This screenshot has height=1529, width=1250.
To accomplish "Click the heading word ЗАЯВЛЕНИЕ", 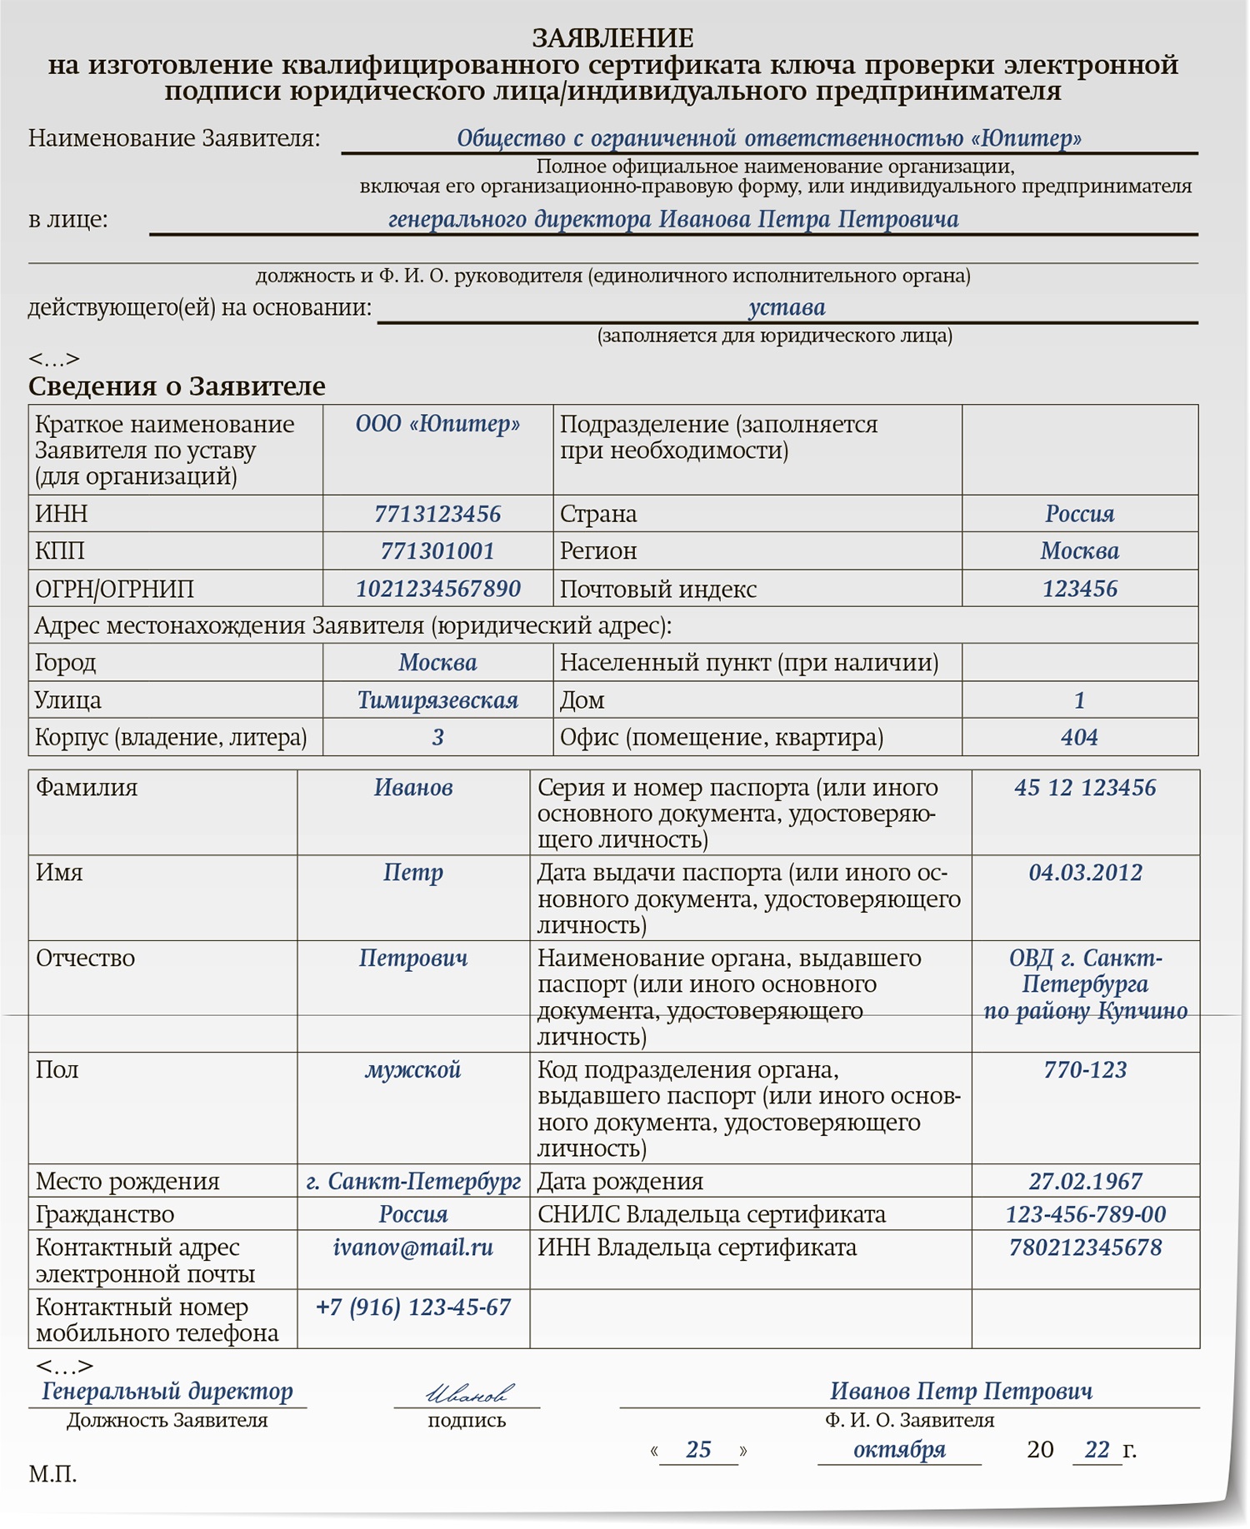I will pos(612,38).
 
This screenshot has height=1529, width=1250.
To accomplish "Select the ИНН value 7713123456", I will pos(437,514).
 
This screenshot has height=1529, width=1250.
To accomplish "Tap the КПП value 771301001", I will pos(437,551).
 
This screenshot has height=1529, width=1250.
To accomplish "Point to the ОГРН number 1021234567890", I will pos(437,589).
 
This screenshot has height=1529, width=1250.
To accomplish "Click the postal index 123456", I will pos(1079,589).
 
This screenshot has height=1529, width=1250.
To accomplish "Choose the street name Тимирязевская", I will pos(437,700).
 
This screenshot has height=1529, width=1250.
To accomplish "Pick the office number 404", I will pos(1079,737).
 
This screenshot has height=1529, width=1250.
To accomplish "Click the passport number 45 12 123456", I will pos(1085,788).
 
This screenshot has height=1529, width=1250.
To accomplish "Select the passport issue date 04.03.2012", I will pos(1085,873).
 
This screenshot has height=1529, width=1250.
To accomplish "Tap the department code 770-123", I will pos(1085,1070).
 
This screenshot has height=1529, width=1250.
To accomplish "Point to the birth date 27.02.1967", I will pos(1085,1182).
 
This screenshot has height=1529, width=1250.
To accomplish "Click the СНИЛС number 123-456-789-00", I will pos(1085,1215).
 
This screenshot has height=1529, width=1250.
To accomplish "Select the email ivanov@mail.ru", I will pos(413,1248).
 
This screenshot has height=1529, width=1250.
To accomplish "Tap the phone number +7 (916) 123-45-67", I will pos(413,1307).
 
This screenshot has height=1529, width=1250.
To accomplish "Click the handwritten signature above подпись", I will pos(469,1392).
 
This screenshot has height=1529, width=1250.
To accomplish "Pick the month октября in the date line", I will pos(899,1450).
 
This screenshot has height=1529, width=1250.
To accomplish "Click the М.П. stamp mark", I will pos(52,1475).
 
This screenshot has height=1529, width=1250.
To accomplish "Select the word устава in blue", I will pos(787,307).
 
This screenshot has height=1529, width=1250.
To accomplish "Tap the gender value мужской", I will pos(413,1070).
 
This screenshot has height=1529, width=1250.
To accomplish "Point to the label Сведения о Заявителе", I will pos(177,386).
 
